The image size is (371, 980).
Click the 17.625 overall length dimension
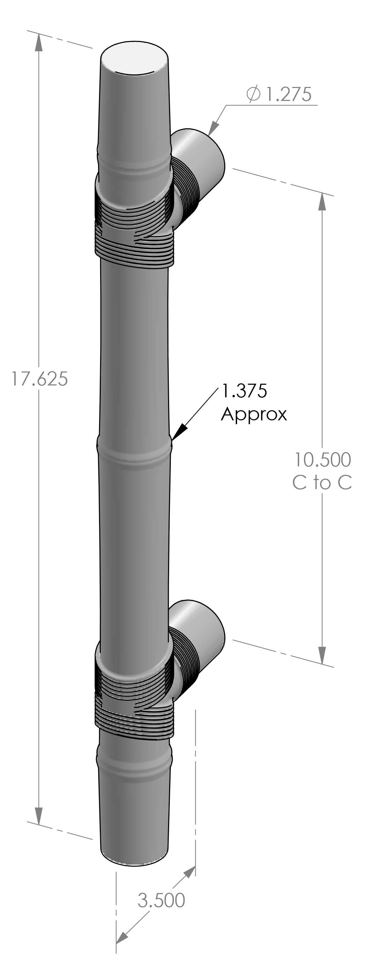coord(39,379)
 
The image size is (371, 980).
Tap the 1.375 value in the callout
coord(244,391)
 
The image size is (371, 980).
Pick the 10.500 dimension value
coord(322,459)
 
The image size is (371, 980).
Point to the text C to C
coord(322,483)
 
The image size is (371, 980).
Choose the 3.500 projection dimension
coord(161,900)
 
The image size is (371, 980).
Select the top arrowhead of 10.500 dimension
coord(322,202)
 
